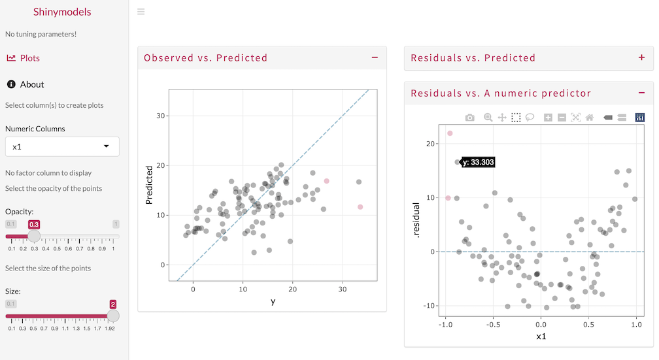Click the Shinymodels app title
[62, 12]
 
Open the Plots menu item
[24, 58]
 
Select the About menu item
[25, 84]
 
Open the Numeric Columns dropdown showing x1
[62, 147]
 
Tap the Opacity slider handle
[34, 235]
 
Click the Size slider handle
[112, 316]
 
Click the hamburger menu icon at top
[141, 12]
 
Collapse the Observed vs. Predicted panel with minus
[375, 57]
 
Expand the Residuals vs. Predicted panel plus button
[641, 57]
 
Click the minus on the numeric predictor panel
[641, 93]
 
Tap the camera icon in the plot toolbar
[470, 118]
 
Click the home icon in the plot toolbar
[590, 118]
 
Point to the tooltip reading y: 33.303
[478, 162]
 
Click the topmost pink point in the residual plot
[450, 133]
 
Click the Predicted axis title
[149, 185]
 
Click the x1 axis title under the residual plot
[541, 336]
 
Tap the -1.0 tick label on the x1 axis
[445, 323]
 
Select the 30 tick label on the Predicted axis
[160, 116]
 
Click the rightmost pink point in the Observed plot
[360, 207]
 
